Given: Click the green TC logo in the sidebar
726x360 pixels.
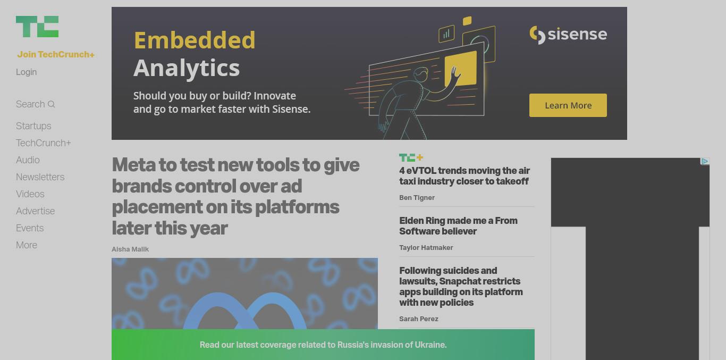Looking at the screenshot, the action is tap(37, 27).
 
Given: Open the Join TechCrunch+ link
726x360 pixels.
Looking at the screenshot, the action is tap(56, 54).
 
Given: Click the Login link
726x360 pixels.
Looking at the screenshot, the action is tap(26, 72).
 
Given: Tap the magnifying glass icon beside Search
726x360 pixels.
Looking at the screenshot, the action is tap(51, 104).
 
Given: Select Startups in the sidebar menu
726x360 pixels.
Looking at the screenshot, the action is tap(33, 126).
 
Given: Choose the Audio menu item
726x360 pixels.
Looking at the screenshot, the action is tap(28, 160).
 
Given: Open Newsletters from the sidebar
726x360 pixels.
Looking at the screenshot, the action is tap(40, 177).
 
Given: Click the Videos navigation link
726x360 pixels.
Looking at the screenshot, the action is tap(30, 194).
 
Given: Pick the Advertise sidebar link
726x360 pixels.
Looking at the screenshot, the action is tap(35, 211).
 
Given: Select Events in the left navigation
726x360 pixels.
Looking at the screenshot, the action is tap(30, 228).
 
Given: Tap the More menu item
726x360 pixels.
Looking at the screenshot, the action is tap(27, 245).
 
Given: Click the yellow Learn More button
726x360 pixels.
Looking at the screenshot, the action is tap(568, 105).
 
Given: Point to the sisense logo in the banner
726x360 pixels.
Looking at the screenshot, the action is tap(568, 35).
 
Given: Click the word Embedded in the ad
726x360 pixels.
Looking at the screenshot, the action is tap(195, 40).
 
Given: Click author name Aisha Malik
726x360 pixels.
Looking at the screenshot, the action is tap(130, 249).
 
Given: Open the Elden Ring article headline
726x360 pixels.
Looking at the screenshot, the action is tap(458, 226).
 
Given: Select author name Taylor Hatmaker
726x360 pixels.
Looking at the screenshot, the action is tap(426, 248).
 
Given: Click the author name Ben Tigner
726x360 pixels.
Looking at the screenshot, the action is tap(417, 198).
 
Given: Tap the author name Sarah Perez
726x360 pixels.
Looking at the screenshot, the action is tap(419, 319).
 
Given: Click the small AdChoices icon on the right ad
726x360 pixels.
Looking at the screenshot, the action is tap(705, 162).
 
